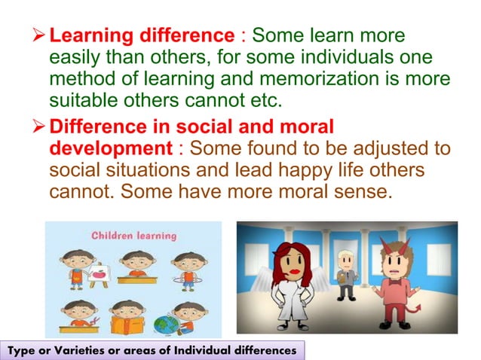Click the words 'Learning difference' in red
click(142, 35)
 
